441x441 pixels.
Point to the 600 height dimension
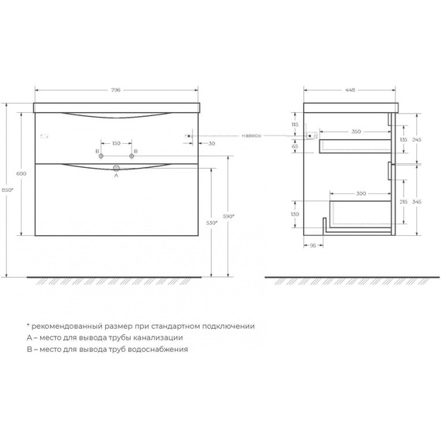point(21,174)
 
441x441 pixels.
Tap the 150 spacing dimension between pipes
point(117,144)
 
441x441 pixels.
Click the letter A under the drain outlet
point(116,176)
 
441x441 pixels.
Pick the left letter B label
point(97,151)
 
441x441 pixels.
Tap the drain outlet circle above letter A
point(117,168)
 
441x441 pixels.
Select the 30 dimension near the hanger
point(212,144)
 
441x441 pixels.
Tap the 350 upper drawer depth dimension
point(357,132)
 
